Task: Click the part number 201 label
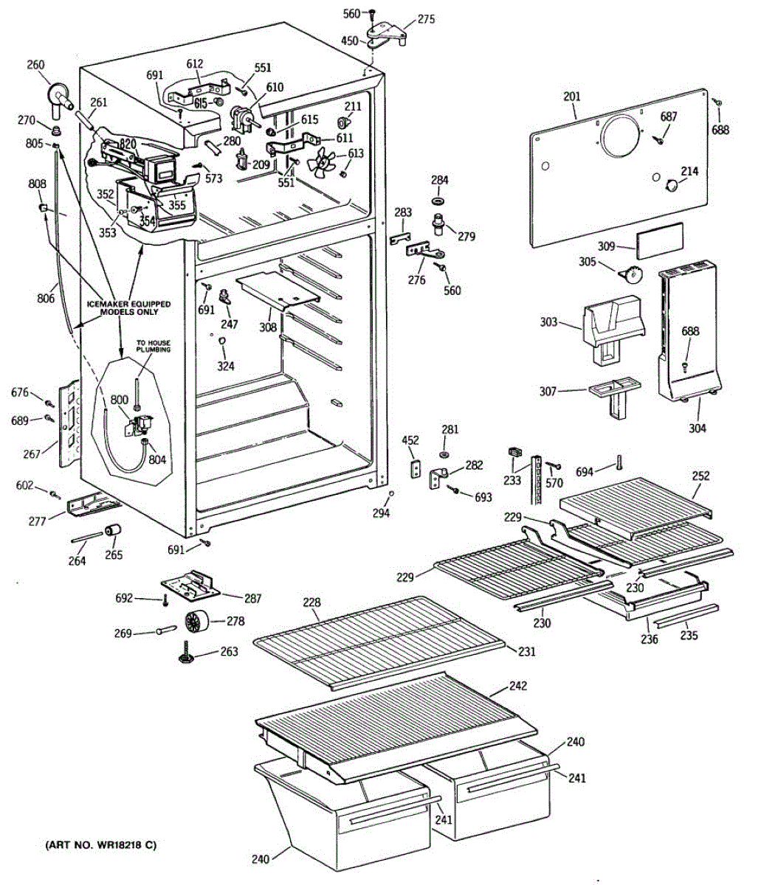coord(571,97)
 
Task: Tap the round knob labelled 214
coord(672,185)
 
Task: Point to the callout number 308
coord(268,327)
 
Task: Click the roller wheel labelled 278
coord(196,621)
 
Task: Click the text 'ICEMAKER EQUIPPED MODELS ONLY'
coord(128,308)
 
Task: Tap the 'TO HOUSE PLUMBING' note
coord(153,346)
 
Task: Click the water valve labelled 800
coord(139,425)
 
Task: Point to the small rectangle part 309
coord(660,240)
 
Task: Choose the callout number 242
coord(517,686)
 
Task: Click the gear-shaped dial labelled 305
coord(630,274)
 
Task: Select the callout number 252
coord(700,476)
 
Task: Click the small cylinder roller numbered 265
coord(113,530)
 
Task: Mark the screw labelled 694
coord(619,462)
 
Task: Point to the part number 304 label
coord(697,428)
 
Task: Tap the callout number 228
coord(311,603)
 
